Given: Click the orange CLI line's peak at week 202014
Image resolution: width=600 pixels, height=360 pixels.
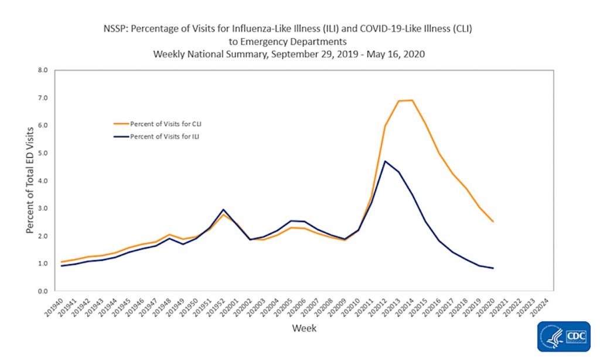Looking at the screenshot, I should point(412,100).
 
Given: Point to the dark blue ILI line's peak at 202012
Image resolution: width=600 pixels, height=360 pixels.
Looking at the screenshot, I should point(384,161).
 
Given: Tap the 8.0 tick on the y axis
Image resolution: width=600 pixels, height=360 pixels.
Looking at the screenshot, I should point(43,70).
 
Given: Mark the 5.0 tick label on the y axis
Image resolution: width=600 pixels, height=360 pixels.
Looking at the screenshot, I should point(43,153).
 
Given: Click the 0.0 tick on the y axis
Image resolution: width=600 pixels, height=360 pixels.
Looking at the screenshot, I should point(43,291).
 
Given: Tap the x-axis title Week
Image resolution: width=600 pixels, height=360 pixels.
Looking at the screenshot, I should point(304,328).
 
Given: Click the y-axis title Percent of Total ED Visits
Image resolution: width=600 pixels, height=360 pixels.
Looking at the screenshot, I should point(30,181).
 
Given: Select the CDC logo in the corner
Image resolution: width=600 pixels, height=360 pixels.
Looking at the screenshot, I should point(563,337).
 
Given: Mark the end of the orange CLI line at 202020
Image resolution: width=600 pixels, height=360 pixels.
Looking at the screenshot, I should point(493,222).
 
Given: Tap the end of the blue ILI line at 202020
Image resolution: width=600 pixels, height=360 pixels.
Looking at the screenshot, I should point(493,268).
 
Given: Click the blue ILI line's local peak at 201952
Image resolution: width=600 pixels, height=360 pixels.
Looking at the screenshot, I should point(223,209).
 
